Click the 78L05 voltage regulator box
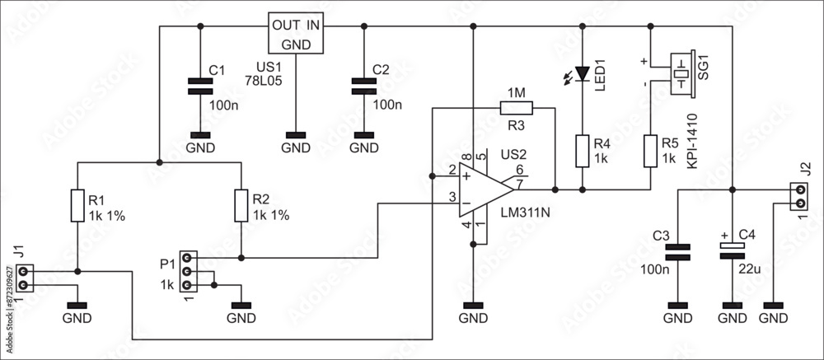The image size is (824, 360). click(296, 34)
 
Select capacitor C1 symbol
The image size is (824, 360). click(197, 86)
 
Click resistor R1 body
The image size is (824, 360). click(77, 206)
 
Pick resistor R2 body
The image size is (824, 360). click(241, 206)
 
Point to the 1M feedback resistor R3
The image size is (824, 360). click(516, 107)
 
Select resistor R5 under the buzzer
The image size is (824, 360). click(650, 151)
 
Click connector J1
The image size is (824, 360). click(23, 278)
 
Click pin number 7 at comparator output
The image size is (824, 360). click(520, 183)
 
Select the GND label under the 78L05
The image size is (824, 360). click(296, 148)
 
